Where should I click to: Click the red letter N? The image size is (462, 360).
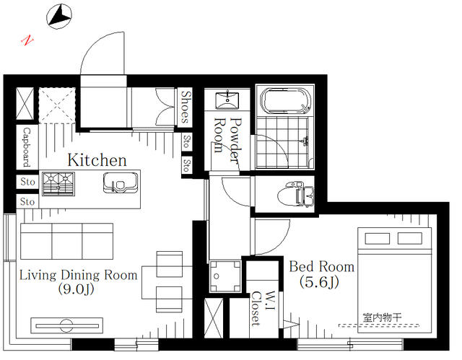coord(27,40)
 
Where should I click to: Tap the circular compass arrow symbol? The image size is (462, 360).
coord(59,17)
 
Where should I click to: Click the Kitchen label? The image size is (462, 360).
coord(97,160)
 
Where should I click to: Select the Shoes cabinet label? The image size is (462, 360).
coord(186,107)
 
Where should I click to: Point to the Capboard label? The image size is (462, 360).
coord(27,147)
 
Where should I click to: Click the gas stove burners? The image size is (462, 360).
coord(58,184)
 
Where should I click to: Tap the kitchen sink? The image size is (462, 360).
coord(121,183)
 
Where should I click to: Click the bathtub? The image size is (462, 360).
coord(286,101)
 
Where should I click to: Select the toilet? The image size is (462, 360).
coord(295,194)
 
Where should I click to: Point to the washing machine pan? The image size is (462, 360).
coord(225,276)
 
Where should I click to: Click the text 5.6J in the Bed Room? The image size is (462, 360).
coord(319,282)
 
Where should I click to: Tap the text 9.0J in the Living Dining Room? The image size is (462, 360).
coord(76,289)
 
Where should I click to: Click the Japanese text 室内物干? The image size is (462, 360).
coord(382,317)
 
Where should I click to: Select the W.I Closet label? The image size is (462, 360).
coord(263,309)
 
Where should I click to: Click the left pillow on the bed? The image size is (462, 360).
coord(377,238)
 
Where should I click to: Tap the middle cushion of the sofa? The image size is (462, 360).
coord(67,242)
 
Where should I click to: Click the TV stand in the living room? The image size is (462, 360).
coord(67,325)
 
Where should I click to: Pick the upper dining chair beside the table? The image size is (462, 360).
coord(170,264)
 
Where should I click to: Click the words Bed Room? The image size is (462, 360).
coord(321,267)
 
